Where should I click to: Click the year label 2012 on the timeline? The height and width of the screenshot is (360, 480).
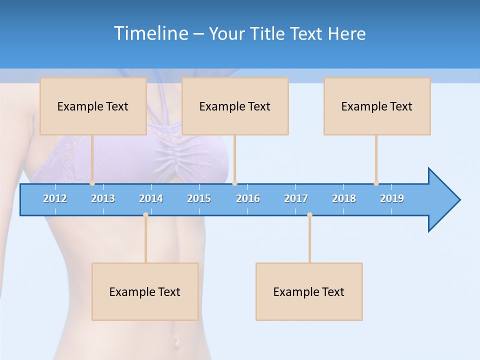point(55,198)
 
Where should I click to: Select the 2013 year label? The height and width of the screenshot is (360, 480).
point(103,198)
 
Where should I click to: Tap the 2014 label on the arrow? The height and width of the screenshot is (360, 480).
point(151,198)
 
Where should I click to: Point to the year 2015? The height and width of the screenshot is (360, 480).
point(199,198)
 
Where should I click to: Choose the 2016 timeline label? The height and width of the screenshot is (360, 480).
point(248,198)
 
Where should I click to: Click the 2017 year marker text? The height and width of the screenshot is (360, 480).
point(296,198)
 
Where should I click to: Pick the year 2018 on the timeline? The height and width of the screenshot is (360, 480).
point(344,198)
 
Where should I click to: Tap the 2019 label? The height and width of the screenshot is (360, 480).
point(392,198)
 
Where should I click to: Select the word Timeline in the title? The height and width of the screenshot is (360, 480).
point(150,33)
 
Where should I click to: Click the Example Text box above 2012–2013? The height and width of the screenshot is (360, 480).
point(93,106)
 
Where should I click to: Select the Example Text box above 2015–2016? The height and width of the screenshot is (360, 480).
point(235,106)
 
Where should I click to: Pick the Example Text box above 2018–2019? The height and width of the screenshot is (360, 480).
point(377,106)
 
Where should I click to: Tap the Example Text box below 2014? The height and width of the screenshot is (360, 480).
point(145,291)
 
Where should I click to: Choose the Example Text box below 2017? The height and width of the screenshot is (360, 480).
point(309,291)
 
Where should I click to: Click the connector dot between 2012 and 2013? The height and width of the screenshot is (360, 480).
point(92,183)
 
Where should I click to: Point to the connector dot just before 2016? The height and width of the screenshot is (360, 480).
point(234,183)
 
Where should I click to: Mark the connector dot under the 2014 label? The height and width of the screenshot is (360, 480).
point(145,215)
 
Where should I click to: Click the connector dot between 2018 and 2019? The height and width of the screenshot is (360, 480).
point(376,183)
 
